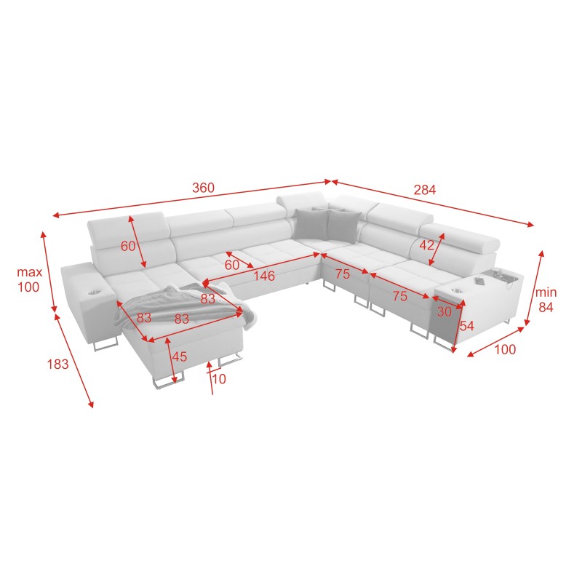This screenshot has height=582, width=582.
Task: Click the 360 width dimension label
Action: point(203,188)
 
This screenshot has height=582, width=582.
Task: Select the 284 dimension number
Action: point(425,190)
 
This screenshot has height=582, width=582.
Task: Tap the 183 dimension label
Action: point(58,364)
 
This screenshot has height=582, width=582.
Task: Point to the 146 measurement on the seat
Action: point(264,276)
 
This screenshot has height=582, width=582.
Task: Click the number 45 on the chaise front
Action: point(178,356)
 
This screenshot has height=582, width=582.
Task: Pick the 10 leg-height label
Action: point(219,380)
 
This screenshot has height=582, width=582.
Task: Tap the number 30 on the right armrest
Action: point(444,311)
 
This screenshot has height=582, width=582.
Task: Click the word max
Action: point(30,273)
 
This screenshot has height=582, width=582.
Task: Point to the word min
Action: point(546,292)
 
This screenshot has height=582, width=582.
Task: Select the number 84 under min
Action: point(546,307)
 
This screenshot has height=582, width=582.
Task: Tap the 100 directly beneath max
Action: point(28,287)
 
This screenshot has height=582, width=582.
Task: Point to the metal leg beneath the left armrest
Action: point(106,342)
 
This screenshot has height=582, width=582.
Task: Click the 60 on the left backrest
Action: point(128,246)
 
